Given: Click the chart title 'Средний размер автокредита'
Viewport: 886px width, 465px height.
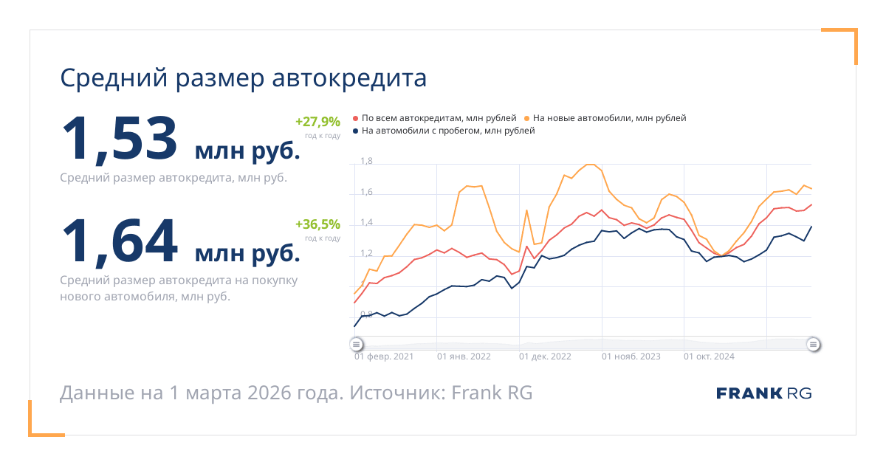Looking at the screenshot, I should (x=243, y=78).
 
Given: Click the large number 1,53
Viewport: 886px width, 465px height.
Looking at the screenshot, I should (x=119, y=138).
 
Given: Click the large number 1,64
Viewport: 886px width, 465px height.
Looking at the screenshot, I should (x=119, y=241).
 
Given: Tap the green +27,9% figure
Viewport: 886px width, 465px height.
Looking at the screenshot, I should (x=317, y=121).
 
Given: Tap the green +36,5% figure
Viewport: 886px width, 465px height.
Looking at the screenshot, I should (x=317, y=224).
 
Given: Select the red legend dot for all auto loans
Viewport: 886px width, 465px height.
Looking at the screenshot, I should (x=356, y=118).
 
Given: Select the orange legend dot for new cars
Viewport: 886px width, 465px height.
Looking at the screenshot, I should (x=526, y=118).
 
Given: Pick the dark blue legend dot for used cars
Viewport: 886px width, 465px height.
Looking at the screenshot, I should (x=356, y=131).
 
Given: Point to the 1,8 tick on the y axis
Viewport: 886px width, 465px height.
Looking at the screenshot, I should (x=367, y=161).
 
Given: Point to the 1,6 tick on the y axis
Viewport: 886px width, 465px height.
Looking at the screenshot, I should (x=367, y=192).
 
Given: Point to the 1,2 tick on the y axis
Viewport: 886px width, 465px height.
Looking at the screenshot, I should (x=367, y=253).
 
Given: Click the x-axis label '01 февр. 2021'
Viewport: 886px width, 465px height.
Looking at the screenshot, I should (x=384, y=356).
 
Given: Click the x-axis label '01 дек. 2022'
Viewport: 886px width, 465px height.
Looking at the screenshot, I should (x=545, y=356).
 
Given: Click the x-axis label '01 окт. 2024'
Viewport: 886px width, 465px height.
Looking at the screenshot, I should (x=709, y=356).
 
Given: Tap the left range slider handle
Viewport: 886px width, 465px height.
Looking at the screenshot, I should (x=356, y=344).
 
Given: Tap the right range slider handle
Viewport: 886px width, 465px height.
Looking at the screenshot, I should (x=813, y=344).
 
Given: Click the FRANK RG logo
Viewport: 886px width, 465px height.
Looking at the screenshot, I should (x=763, y=393).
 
